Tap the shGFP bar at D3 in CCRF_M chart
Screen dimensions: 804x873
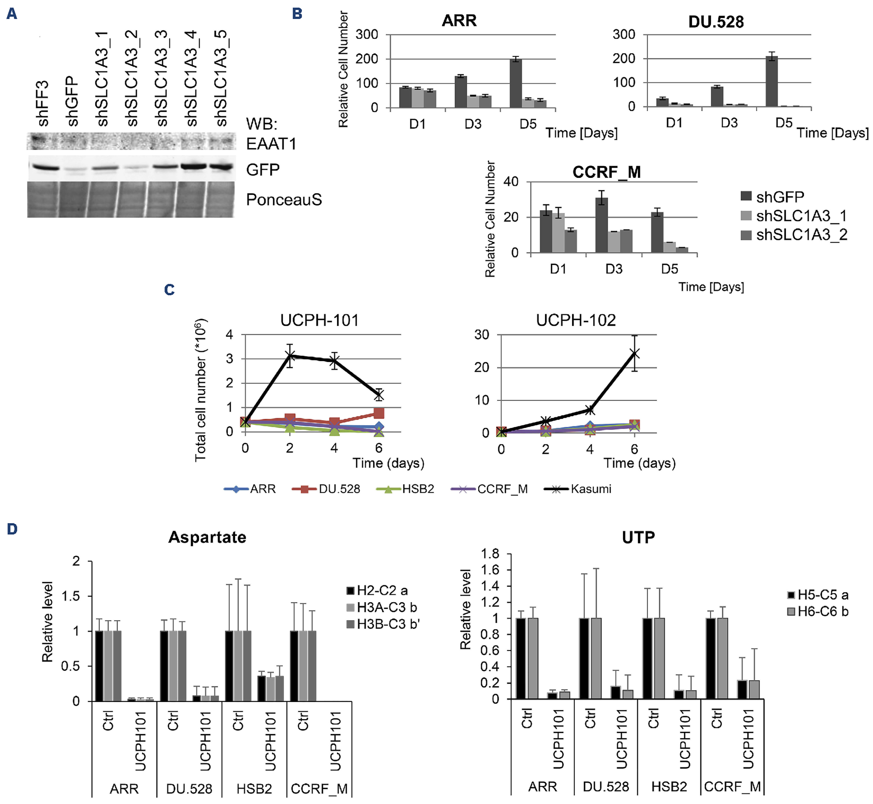(602, 225)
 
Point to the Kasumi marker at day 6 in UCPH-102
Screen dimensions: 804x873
(635, 354)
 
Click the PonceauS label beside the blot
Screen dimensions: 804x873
(284, 200)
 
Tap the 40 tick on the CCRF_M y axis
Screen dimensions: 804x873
(511, 182)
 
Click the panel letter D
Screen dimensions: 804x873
(12, 529)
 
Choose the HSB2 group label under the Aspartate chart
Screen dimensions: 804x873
(254, 789)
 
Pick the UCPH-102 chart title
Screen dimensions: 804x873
(576, 320)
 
